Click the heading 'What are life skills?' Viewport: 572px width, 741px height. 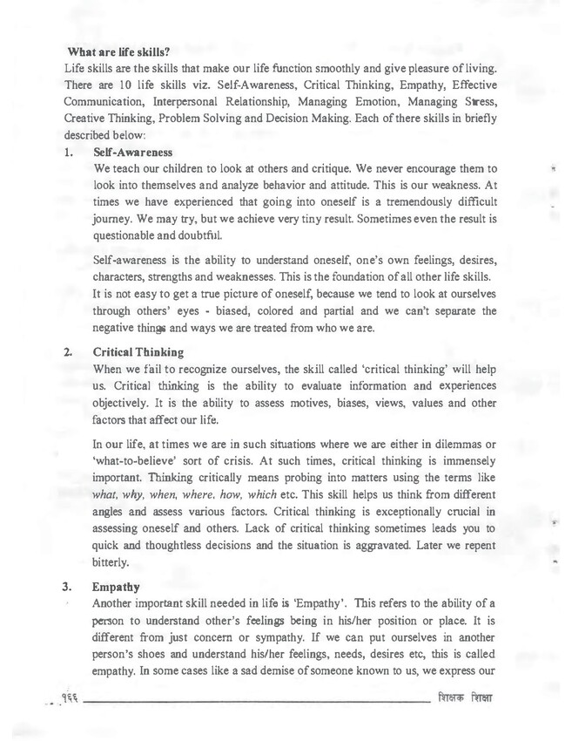coord(118,51)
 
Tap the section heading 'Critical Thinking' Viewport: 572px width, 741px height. coord(138,353)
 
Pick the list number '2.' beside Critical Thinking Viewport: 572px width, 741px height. coord(71,353)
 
